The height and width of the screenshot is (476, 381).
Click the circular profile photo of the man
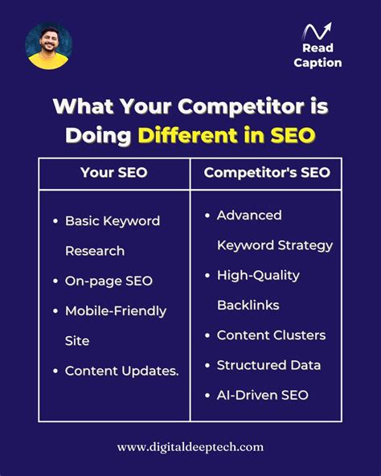click(x=48, y=46)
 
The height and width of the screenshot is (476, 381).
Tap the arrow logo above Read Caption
click(x=317, y=32)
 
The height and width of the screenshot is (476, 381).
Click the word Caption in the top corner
click(x=317, y=63)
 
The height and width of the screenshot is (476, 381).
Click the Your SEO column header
click(x=113, y=172)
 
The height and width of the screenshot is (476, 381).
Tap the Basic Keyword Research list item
click(x=112, y=236)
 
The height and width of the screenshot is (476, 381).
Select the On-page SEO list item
click(x=109, y=281)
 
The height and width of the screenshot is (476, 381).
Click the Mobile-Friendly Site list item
click(x=115, y=326)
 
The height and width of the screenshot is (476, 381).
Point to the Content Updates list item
click(x=121, y=371)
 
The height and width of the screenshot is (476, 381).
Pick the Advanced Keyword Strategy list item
click(x=274, y=230)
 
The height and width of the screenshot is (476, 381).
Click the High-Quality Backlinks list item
click(x=258, y=289)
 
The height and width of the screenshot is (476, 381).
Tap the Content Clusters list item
click(x=271, y=335)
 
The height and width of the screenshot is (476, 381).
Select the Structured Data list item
click(x=268, y=365)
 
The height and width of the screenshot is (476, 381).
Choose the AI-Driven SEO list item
click(x=262, y=395)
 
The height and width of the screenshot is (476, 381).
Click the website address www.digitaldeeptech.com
click(x=190, y=447)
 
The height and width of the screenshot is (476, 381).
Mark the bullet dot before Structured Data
click(x=208, y=366)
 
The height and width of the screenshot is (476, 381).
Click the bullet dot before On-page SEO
click(x=55, y=281)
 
